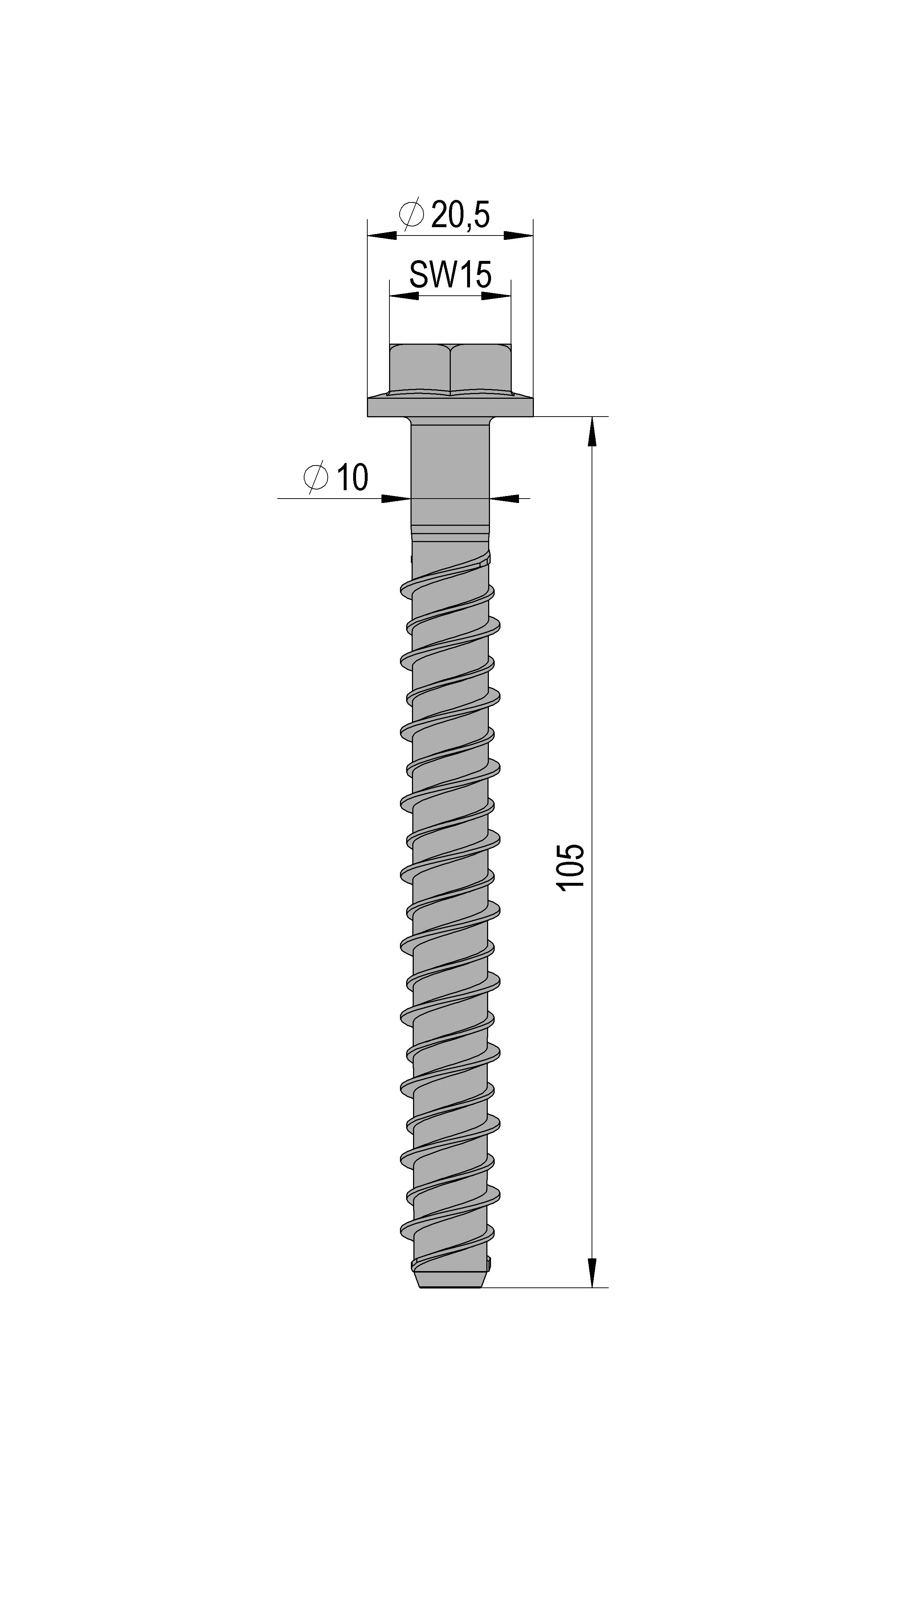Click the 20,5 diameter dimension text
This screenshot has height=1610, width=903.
[459, 216]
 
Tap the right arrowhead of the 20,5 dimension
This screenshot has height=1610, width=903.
[518, 235]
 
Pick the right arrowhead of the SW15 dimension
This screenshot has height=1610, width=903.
[497, 296]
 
